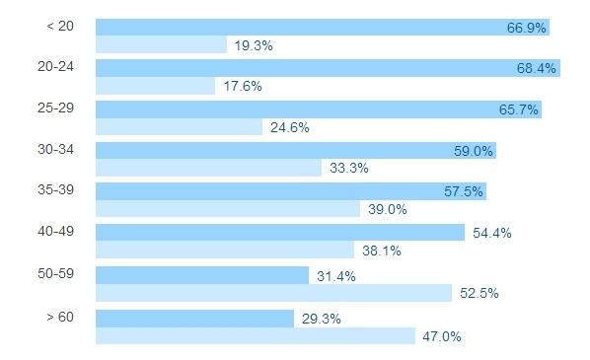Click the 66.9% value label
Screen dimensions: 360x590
pyautogui.click(x=527, y=28)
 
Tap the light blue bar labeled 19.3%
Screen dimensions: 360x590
pyautogui.click(x=161, y=44)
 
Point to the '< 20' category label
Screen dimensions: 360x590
pyautogui.click(x=59, y=25)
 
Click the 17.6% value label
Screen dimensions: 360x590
pyautogui.click(x=243, y=86)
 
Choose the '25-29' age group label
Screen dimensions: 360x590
pyautogui.click(x=55, y=107)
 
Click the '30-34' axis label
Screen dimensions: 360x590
pyautogui.click(x=55, y=149)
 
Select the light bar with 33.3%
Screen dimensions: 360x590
pyautogui.click(x=208, y=168)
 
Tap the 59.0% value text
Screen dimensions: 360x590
pyautogui.click(x=473, y=151)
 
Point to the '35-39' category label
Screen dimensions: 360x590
pyautogui.click(x=55, y=189)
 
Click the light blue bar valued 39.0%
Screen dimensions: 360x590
pyautogui.click(x=227, y=209)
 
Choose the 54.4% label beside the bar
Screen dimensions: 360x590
pyautogui.click(x=492, y=234)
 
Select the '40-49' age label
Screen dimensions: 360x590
pyautogui.click(x=55, y=231)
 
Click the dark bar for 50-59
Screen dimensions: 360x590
pyautogui.click(x=202, y=275)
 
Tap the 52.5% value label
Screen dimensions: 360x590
pyautogui.click(x=479, y=293)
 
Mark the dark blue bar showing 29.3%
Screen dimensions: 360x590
pyautogui.click(x=194, y=318)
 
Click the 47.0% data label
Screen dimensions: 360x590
pyautogui.click(x=442, y=336)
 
